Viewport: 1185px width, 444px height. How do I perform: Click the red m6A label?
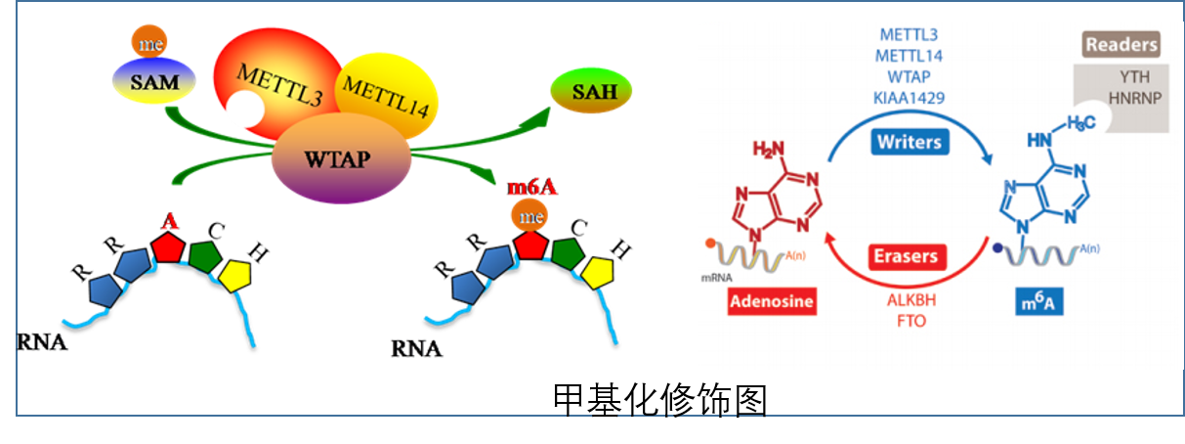(x=532, y=187)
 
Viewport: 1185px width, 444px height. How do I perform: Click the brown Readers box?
(x=1122, y=44)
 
